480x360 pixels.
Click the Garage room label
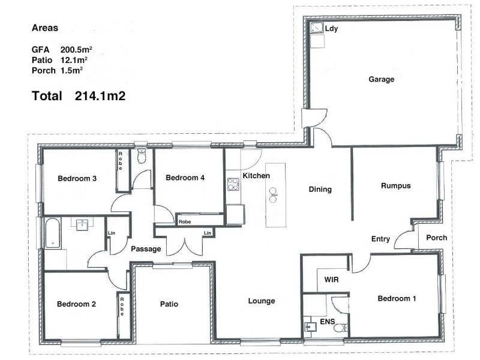381,79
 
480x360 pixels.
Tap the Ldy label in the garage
331,28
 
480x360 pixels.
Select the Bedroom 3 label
77,178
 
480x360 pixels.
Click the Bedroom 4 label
185,178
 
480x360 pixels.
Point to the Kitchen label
256,176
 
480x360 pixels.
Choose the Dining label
320,190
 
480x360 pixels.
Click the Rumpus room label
395,186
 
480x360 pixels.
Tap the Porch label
436,238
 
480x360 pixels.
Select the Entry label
380,239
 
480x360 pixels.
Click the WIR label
332,280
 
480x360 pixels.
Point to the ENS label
327,322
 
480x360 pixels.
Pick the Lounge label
261,301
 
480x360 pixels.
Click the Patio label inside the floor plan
169,304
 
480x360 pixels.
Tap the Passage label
146,248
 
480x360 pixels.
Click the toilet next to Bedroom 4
141,157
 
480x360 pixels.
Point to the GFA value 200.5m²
76,49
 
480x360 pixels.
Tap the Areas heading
45,28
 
